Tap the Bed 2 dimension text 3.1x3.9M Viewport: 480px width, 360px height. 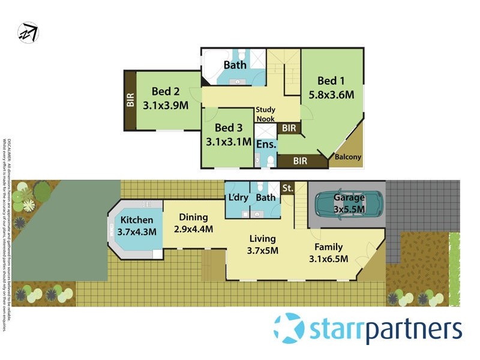166,104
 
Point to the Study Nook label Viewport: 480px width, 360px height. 265,114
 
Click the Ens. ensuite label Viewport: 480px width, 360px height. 266,145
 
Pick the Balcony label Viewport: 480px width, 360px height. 348,158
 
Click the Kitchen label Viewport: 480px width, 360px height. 137,220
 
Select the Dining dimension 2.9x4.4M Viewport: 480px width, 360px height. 193,229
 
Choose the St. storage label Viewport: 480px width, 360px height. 287,188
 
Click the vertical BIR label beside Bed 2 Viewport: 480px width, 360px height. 130,100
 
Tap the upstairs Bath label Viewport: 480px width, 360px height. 235,64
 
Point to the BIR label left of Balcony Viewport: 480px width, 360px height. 301,160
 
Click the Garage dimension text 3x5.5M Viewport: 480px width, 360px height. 349,210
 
